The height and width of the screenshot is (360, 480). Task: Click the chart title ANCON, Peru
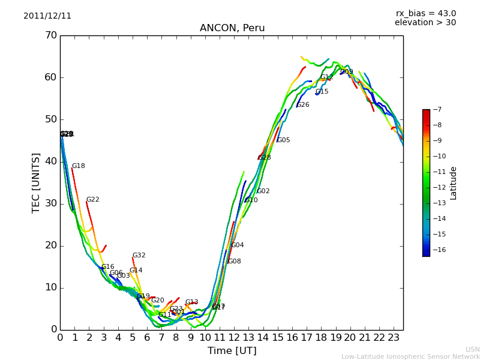pyautogui.click(x=232, y=28)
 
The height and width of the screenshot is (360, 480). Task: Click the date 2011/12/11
pyautogui.click(x=47, y=16)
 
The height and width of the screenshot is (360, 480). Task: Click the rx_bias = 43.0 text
pyautogui.click(x=425, y=14)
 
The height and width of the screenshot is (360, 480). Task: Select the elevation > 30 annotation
pyautogui.click(x=425, y=23)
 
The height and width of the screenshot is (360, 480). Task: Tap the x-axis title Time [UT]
pyautogui.click(x=232, y=351)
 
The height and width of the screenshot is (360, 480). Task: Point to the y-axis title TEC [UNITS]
pyautogui.click(x=36, y=182)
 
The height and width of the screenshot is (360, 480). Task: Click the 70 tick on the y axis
pyautogui.click(x=50, y=35)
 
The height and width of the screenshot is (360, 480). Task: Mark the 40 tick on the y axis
pyautogui.click(x=50, y=161)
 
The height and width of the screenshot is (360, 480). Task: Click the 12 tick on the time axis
pyautogui.click(x=234, y=338)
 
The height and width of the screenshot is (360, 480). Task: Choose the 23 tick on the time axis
pyautogui.click(x=394, y=338)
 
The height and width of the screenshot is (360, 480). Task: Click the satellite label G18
pyautogui.click(x=79, y=166)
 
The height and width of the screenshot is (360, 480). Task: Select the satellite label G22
pyautogui.click(x=93, y=200)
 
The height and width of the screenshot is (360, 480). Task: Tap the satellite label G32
pyautogui.click(x=139, y=256)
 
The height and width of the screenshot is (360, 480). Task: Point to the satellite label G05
pyautogui.click(x=284, y=140)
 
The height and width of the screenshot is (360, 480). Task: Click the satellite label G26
pyautogui.click(x=303, y=105)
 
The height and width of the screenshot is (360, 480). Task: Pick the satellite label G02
pyautogui.click(x=263, y=191)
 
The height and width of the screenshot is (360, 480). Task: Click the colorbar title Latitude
pyautogui.click(x=454, y=183)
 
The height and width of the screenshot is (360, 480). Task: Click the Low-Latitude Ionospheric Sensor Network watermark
pyautogui.click(x=410, y=356)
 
